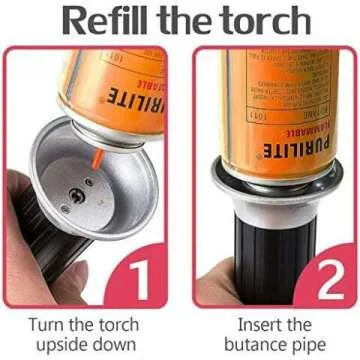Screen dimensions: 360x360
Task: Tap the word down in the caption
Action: (115, 346)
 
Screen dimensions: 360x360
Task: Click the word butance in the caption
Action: (248, 346)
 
